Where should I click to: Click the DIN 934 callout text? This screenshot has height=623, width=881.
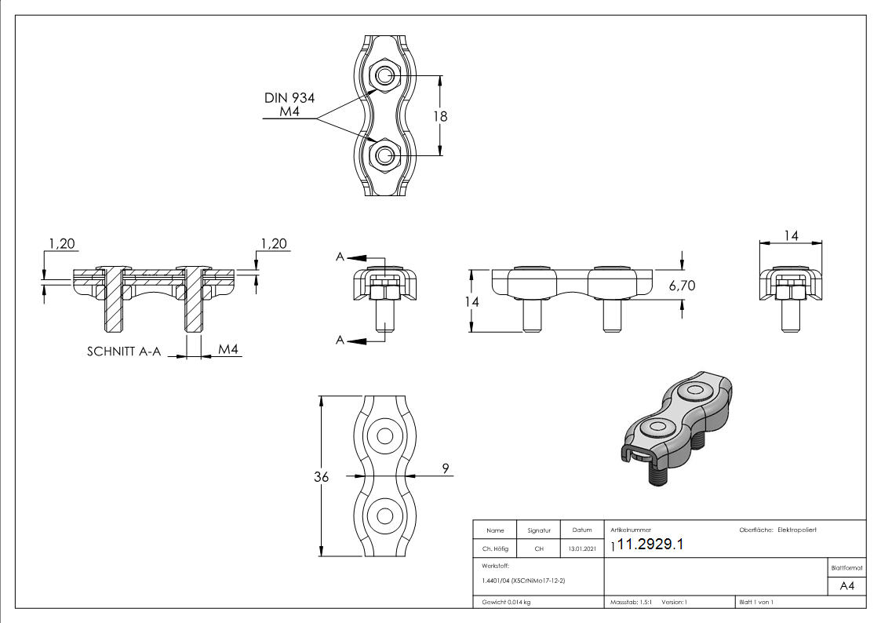pyautogui.click(x=289, y=98)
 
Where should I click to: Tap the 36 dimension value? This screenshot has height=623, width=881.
pyautogui.click(x=321, y=476)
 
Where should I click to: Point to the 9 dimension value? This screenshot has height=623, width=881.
pyautogui.click(x=446, y=468)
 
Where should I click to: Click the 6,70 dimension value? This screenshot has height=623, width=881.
pyautogui.click(x=681, y=286)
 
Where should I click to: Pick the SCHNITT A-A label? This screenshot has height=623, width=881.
pyautogui.click(x=123, y=352)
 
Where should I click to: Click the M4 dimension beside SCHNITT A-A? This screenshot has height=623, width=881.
pyautogui.click(x=228, y=348)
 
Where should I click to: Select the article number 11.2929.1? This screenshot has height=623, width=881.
pyautogui.click(x=650, y=545)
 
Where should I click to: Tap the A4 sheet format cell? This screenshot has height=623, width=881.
pyautogui.click(x=846, y=587)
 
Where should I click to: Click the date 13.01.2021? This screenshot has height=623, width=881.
pyautogui.click(x=581, y=548)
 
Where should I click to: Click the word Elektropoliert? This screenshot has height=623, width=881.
pyautogui.click(x=796, y=530)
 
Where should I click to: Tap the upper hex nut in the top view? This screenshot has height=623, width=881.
pyautogui.click(x=384, y=75)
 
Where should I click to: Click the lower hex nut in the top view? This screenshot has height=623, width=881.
pyautogui.click(x=384, y=155)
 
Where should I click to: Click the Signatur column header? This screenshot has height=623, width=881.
pyautogui.click(x=538, y=530)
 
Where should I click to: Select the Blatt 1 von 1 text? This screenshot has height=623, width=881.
pyautogui.click(x=756, y=602)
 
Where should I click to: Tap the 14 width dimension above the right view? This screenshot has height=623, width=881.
pyautogui.click(x=790, y=235)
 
